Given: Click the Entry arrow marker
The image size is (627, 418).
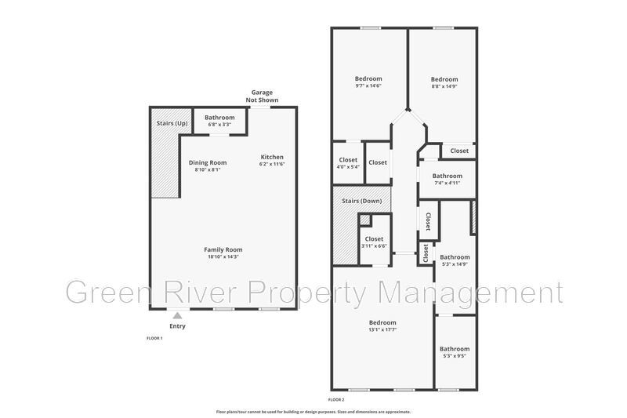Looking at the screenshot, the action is (178, 315).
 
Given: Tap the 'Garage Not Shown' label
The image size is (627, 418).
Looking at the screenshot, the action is (262, 96).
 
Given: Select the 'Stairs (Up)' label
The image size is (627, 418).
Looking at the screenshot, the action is (172, 123).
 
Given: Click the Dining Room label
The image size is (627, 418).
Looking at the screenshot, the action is (208, 162).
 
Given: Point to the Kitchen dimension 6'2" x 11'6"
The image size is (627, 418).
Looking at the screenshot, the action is (272, 164).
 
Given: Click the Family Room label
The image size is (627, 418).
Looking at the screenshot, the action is (223, 249).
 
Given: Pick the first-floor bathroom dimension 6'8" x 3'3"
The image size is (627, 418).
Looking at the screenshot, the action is (219, 125).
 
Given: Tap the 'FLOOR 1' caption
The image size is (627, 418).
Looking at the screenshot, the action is (154, 339).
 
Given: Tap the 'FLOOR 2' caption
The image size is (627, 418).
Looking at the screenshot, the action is (336, 400).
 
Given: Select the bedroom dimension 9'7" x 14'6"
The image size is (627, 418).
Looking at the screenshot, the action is (368, 85).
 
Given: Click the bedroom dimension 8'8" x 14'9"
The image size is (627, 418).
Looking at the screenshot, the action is (444, 86).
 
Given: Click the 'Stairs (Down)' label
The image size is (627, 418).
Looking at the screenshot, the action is (362, 201).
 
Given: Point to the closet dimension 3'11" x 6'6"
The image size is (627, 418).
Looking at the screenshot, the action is (374, 246).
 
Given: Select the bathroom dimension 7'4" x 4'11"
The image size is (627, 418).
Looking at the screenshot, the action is (447, 183).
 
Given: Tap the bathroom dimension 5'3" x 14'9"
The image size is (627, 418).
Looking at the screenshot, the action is (455, 264).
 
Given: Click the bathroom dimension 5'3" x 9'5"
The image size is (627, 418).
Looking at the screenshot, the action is (455, 355).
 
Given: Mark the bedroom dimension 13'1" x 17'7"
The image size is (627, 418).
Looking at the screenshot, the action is (382, 329).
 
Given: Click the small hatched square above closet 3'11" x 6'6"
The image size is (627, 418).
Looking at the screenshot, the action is (364, 220).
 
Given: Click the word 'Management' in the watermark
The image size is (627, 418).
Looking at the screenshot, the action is (470, 293).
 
